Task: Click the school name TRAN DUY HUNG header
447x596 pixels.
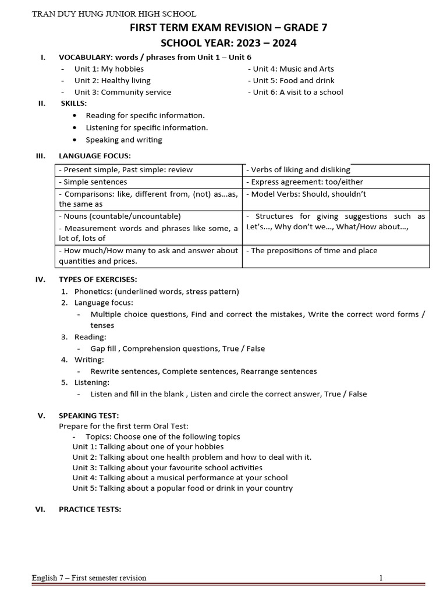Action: coord(114,13)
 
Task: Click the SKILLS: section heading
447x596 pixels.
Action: coord(74,103)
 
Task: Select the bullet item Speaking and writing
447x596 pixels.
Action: coord(124,140)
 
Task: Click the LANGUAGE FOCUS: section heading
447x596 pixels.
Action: coord(95,155)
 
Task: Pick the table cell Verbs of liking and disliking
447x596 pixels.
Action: coord(299,170)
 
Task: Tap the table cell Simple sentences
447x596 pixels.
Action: coord(93,182)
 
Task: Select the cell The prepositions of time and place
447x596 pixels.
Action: coord(312,251)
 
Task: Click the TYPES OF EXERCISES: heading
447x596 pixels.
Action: coord(98,279)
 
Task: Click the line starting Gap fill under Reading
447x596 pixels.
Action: coord(178,349)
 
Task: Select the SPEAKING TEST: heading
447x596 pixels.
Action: coord(88,416)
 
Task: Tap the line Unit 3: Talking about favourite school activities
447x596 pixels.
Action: coord(168,467)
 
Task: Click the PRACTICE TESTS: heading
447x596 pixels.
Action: coord(90,509)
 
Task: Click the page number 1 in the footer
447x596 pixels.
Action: coord(381,578)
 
